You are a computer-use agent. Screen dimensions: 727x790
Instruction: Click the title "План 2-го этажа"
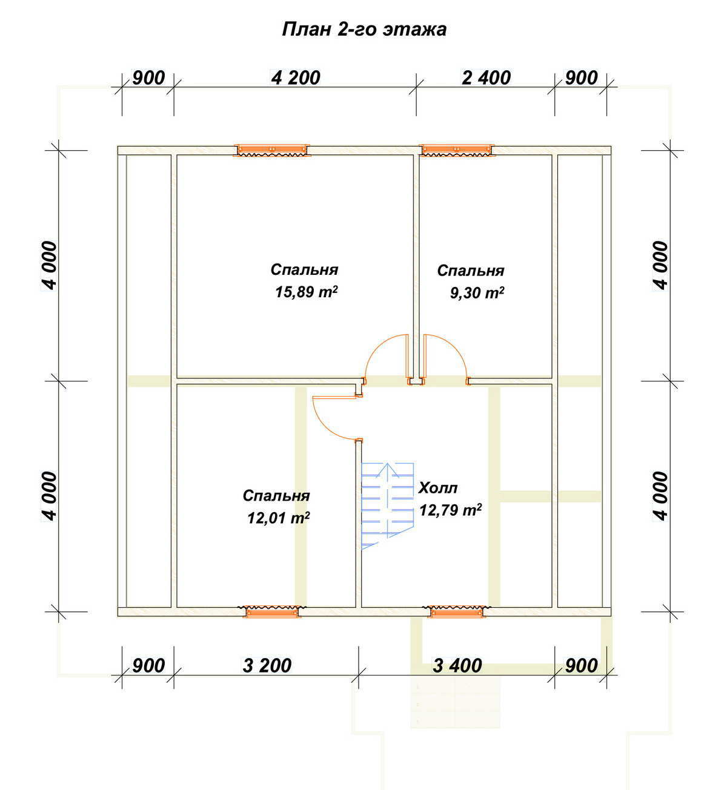[364, 30]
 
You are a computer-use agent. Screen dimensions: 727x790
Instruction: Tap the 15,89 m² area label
[307, 292]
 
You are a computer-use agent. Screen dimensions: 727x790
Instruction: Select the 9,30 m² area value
[477, 293]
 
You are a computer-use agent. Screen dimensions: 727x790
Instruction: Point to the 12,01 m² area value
[278, 518]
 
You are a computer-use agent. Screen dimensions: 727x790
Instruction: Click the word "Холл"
[438, 489]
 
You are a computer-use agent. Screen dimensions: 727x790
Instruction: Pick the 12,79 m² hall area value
[450, 510]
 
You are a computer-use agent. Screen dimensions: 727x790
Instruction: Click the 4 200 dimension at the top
[296, 78]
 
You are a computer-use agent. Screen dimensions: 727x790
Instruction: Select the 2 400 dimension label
[486, 78]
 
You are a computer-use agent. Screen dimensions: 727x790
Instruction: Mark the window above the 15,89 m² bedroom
[271, 151]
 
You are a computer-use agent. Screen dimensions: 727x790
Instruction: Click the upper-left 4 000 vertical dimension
[50, 265]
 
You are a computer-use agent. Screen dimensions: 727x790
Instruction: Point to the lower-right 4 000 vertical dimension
[662, 496]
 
